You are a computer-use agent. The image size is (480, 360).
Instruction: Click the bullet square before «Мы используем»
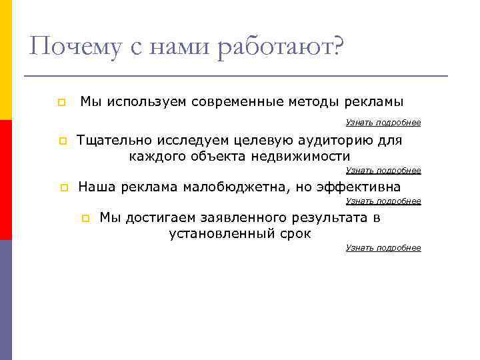click(60, 103)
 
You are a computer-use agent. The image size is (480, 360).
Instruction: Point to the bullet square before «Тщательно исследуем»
click(60, 141)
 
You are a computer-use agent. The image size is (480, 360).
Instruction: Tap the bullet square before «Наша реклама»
click(60, 187)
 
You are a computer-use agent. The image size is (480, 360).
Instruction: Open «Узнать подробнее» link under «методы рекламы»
click(383, 123)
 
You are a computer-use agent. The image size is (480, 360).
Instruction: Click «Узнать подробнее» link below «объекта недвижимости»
click(383, 171)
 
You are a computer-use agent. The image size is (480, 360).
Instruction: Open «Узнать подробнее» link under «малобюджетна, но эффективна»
click(383, 201)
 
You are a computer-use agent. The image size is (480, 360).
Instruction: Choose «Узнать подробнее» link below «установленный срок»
click(383, 248)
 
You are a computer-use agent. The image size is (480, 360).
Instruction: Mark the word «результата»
click(325, 217)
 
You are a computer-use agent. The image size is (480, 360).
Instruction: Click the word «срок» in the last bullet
click(296, 234)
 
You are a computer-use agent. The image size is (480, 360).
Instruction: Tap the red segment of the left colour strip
click(5, 180)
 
